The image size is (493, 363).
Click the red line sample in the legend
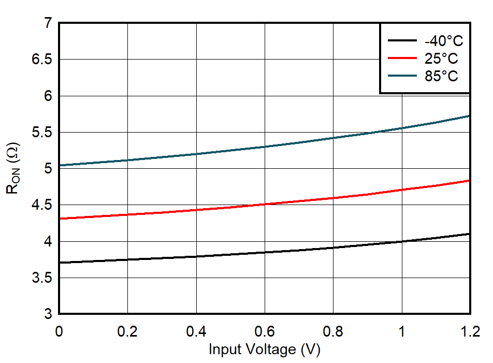[x=402, y=59]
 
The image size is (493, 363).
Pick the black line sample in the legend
[x=402, y=41]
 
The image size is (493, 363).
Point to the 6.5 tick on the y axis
[x=42, y=60]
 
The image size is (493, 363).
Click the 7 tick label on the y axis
[x=48, y=23]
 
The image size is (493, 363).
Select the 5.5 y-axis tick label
[x=42, y=133]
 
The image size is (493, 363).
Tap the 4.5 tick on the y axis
[x=42, y=206]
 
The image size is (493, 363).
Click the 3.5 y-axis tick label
[x=42, y=278]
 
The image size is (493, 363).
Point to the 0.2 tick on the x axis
[x=127, y=331]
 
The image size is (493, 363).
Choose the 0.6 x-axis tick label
[x=265, y=331]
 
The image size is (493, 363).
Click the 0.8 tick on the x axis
[x=333, y=331]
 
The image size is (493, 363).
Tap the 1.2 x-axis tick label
[x=469, y=331]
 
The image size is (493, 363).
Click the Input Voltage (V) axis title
[x=265, y=350]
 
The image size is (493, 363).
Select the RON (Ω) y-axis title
[x=12, y=168]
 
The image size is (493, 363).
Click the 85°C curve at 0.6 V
[x=265, y=147]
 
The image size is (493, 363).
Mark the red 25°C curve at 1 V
[x=402, y=190]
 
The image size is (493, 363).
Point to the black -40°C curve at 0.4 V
[x=196, y=256]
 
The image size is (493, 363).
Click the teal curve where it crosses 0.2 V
[x=127, y=160]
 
